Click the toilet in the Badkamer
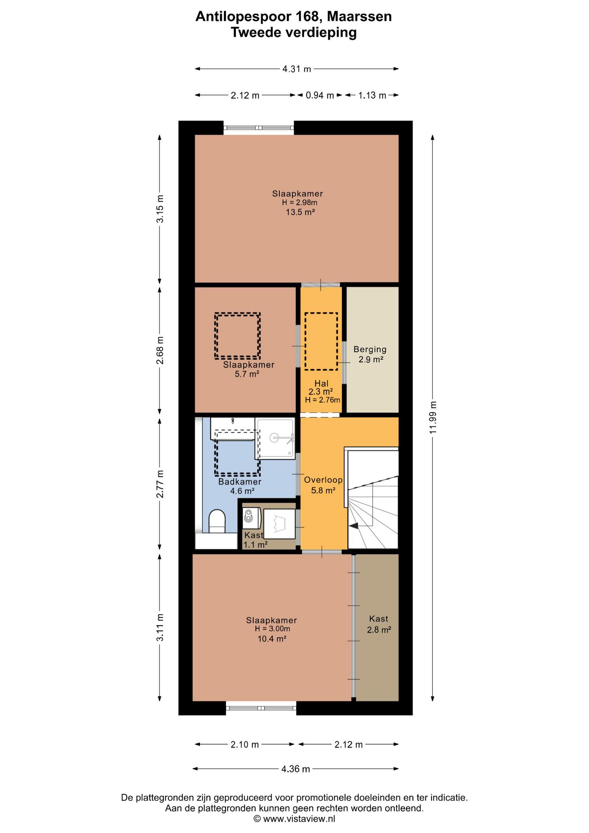217,521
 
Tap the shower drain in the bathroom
274,438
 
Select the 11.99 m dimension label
433,417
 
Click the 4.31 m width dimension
297,69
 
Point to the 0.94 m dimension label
320,95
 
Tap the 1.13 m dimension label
372,95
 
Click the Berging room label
370,349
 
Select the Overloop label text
323,479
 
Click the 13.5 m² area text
300,212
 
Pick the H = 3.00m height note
272,629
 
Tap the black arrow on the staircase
353,526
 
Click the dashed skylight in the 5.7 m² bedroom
237,336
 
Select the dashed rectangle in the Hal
321,341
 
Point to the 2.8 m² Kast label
379,624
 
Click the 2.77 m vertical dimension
160,484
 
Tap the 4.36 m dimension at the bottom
296,769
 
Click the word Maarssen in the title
359,16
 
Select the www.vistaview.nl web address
299,819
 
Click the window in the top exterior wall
259,128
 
